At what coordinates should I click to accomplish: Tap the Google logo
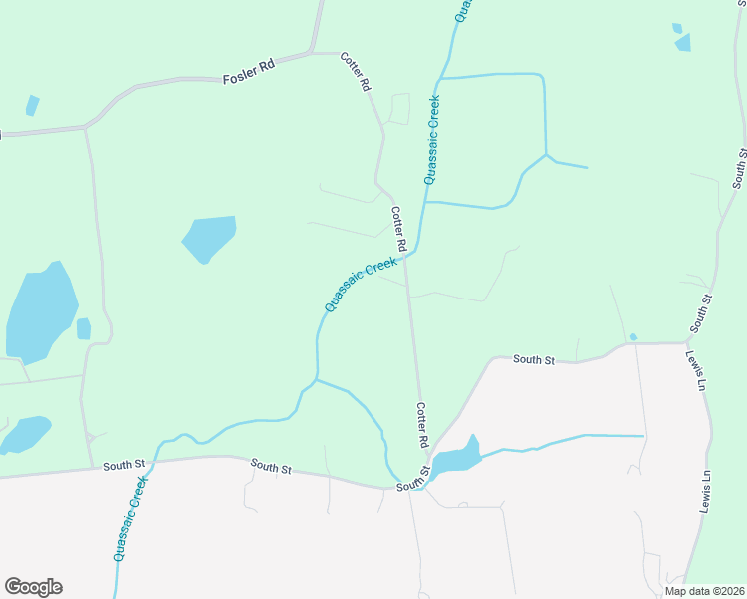pos(33,587)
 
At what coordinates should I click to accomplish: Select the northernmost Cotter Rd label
pos(356,73)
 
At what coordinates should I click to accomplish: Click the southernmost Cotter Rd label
pos(422,425)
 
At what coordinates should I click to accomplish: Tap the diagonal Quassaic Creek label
pos(361,284)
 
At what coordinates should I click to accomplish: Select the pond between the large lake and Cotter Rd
pos(210,238)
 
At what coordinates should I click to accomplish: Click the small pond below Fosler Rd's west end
pos(33,105)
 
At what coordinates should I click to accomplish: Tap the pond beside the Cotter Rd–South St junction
pos(457,459)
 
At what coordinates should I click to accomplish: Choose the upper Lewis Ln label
pos(694,367)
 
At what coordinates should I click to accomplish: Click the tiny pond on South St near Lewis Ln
pos(633,336)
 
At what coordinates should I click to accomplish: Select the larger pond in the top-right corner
pos(683,42)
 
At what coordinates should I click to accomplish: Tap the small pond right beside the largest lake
pos(84,328)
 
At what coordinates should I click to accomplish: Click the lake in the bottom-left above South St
pos(25,433)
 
